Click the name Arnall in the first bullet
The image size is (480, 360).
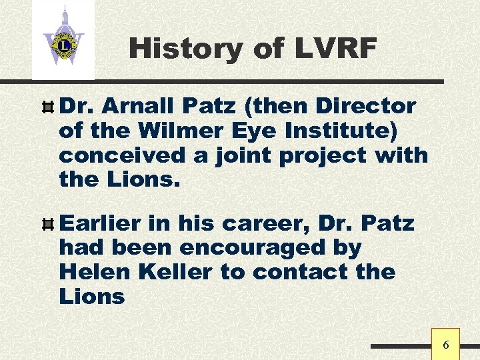pyautogui.click(x=139, y=106)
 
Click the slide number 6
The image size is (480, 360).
pyautogui.click(x=446, y=345)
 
